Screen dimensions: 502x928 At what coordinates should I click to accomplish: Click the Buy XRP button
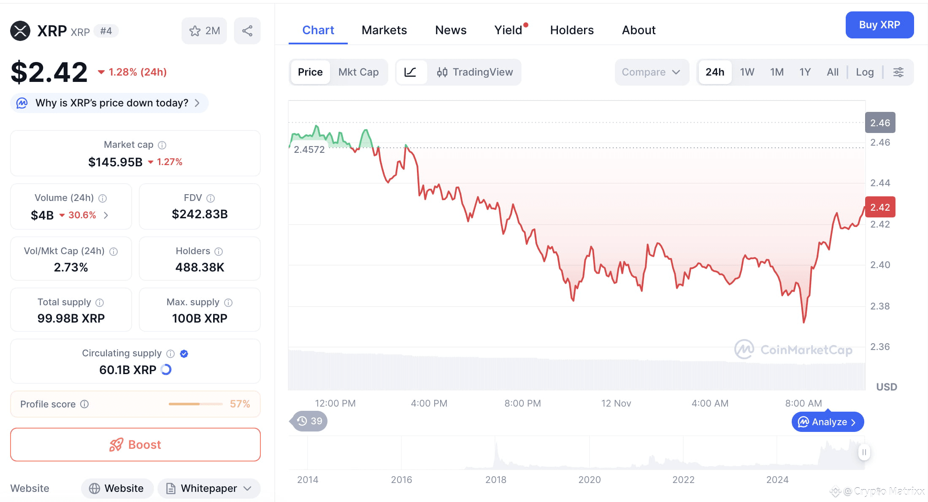[x=879, y=25]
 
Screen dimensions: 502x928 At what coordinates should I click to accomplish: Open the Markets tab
[x=384, y=30]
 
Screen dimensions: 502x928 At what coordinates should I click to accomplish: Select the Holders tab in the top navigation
[x=571, y=30]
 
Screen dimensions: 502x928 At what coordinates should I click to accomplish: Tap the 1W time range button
[x=747, y=72]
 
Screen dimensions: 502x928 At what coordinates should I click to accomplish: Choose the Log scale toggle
[x=864, y=72]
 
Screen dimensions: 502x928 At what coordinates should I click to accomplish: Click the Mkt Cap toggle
[x=358, y=72]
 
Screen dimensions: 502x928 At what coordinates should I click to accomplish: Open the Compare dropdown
[x=651, y=72]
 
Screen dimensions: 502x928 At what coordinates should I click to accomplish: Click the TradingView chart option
[x=475, y=72]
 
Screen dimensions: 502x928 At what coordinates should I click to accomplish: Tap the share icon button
[x=247, y=31]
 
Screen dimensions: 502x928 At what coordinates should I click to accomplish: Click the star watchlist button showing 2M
[x=204, y=31]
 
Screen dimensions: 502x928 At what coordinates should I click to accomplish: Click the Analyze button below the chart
[x=828, y=422]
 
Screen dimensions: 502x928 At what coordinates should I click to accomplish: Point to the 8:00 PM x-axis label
[x=522, y=403]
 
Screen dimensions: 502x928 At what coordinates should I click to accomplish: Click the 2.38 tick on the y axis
[x=880, y=306]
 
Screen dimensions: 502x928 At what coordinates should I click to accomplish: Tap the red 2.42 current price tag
[x=880, y=207]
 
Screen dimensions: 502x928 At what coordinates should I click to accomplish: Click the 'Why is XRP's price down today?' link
[x=112, y=103]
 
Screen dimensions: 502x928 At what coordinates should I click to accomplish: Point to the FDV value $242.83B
[x=200, y=214]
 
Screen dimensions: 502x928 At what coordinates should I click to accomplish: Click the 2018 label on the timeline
[x=495, y=480]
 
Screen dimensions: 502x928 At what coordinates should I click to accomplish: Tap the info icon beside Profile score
[x=84, y=404]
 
